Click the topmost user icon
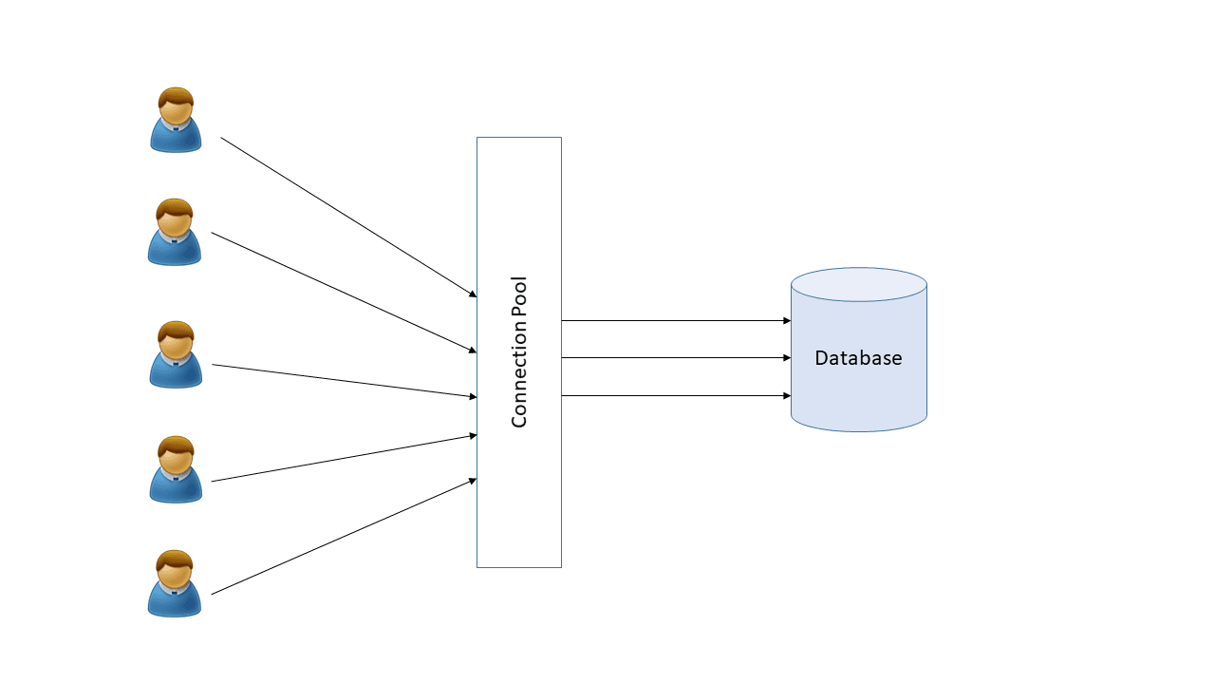(176, 121)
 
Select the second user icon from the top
(175, 233)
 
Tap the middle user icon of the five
(176, 355)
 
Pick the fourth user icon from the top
(176, 470)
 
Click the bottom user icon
(175, 584)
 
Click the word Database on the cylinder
(858, 359)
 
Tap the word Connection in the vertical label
(519, 384)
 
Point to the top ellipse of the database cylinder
(858, 285)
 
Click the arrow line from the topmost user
(347, 217)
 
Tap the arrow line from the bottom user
(344, 537)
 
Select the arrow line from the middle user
(344, 380)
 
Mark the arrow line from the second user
(344, 292)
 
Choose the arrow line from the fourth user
(344, 458)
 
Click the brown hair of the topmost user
(177, 96)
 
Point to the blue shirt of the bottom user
(175, 603)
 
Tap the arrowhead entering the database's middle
(786, 358)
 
